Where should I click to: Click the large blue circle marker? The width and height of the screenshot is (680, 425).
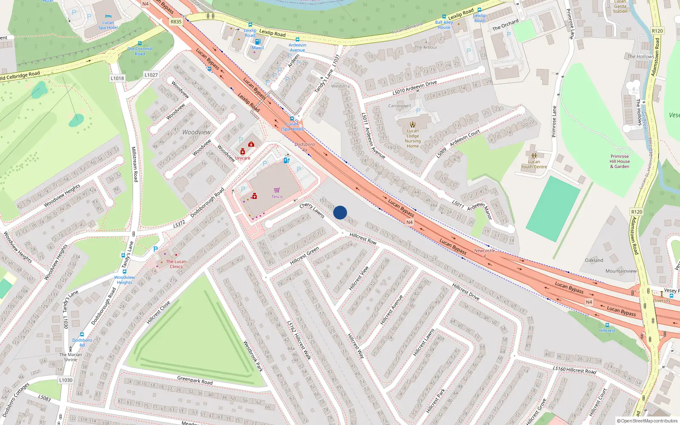click(x=340, y=212)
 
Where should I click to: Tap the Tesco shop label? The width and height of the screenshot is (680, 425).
click(x=277, y=196)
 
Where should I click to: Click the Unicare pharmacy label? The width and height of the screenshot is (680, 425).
click(x=243, y=158)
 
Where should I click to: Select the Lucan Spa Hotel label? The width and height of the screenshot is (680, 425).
click(x=108, y=25)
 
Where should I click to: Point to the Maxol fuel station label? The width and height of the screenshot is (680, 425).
click(x=258, y=48)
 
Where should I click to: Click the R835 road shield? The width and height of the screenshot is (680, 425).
click(x=176, y=22)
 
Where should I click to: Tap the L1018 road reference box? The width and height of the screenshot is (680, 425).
click(x=117, y=78)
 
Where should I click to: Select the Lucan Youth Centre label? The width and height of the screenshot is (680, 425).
click(x=534, y=164)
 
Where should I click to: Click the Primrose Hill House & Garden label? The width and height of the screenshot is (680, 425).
click(x=620, y=161)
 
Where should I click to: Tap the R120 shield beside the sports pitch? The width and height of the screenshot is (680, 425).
click(x=637, y=212)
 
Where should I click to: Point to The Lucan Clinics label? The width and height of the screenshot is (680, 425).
click(x=176, y=264)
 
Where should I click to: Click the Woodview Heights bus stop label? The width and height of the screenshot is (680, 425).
click(x=125, y=280)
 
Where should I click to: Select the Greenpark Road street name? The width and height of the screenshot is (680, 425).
click(x=195, y=380)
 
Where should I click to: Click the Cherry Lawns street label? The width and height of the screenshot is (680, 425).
click(x=312, y=210)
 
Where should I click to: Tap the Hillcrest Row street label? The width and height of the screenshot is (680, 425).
click(x=363, y=238)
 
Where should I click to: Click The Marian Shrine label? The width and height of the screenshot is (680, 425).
click(x=71, y=357)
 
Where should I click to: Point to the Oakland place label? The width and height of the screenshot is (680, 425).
click(x=594, y=260)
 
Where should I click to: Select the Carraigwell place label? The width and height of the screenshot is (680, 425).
click(x=399, y=106)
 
